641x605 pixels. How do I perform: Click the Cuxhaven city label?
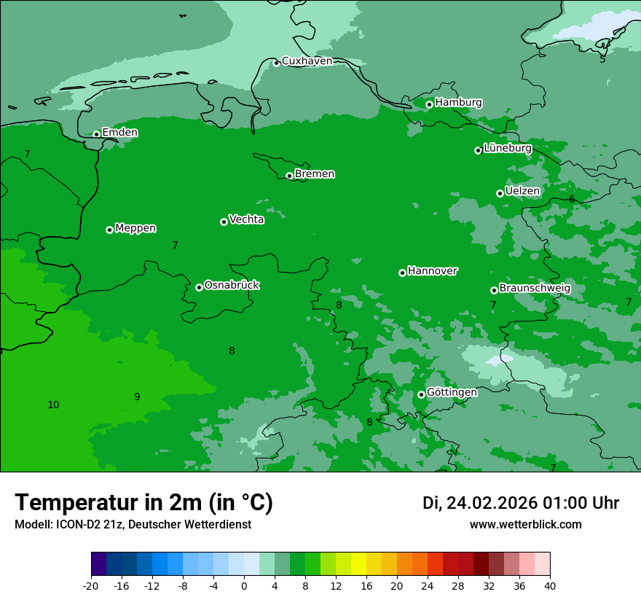(307, 61)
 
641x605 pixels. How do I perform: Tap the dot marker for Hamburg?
(429, 104)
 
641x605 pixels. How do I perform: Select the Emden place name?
(119, 133)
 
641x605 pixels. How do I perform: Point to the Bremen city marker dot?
(289, 176)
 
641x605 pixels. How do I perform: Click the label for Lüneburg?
(508, 148)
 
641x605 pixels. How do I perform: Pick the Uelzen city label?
(522, 191)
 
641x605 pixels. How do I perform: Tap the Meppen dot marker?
(109, 230)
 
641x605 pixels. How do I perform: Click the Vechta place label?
(246, 219)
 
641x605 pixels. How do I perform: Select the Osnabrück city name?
(232, 285)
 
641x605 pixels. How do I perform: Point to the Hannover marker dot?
(402, 273)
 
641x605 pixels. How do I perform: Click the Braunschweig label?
(535, 289)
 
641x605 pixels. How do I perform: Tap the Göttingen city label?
(452, 392)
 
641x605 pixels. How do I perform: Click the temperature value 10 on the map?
(53, 405)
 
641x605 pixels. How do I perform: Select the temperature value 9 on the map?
(137, 397)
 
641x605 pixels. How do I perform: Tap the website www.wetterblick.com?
(525, 525)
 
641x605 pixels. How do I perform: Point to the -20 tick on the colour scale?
(91, 586)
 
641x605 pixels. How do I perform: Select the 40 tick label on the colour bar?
(550, 586)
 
